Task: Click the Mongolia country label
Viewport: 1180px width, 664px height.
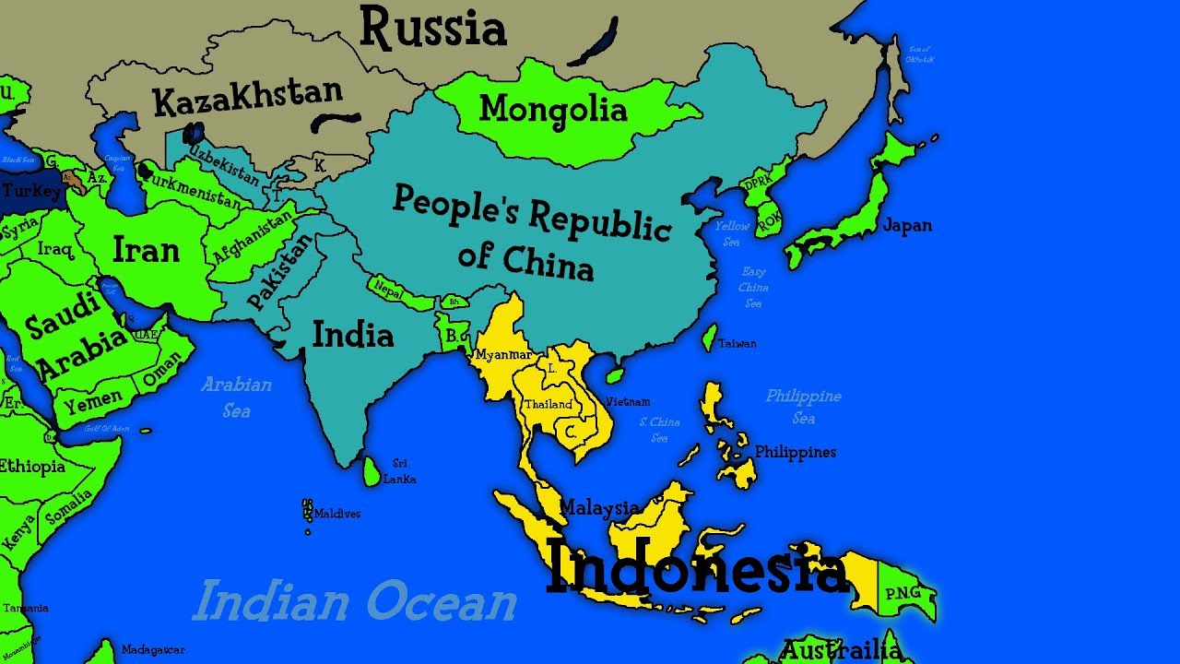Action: [553, 110]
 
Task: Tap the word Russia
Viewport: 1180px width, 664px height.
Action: [432, 28]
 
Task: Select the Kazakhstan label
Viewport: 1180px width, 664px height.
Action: [247, 96]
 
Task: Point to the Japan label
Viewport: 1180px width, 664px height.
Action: [907, 225]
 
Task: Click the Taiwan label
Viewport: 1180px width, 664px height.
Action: [737, 343]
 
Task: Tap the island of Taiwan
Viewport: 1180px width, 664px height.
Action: [709, 337]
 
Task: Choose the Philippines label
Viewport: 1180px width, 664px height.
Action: [795, 452]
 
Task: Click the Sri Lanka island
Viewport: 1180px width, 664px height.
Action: [371, 472]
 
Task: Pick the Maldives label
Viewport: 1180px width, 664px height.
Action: [336, 514]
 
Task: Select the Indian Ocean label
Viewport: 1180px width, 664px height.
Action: [354, 601]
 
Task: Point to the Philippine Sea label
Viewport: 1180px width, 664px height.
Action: [803, 406]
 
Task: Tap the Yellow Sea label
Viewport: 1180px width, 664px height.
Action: [732, 233]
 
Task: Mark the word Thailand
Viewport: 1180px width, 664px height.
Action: [548, 404]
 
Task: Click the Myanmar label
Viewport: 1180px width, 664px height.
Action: [502, 355]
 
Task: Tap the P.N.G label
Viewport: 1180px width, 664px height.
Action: [903, 593]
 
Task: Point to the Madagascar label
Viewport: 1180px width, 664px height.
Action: [153, 649]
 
